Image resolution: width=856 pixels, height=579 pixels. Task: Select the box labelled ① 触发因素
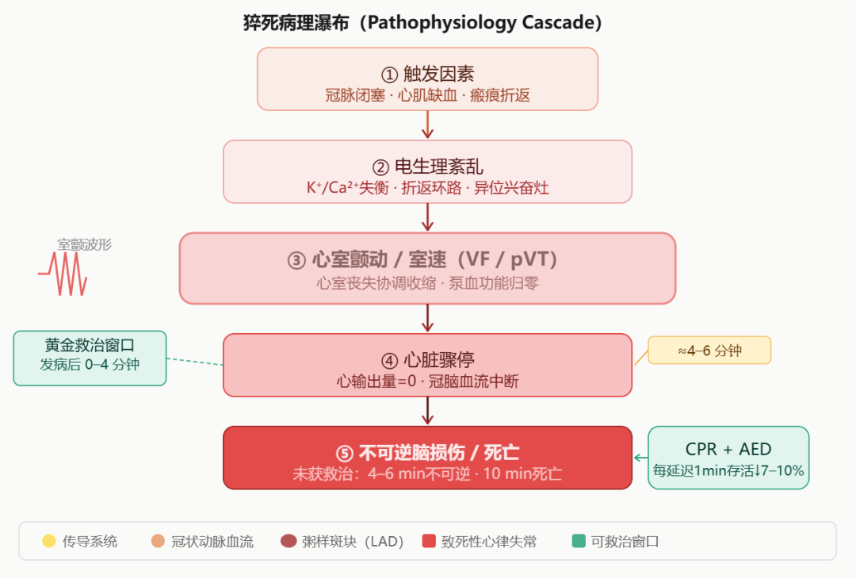pos(427,79)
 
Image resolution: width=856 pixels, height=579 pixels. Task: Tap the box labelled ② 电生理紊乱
pos(427,171)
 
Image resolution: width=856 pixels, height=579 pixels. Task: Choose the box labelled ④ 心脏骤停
pos(427,365)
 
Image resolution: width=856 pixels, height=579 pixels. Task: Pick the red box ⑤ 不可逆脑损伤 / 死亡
pos(427,458)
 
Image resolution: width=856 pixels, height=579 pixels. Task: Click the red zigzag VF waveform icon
pos(63,274)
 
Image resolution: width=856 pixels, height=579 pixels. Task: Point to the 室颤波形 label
pos(84,244)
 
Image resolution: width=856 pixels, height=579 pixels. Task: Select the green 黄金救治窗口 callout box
pos(90,358)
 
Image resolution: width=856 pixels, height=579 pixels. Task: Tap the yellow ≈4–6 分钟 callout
pos(709,350)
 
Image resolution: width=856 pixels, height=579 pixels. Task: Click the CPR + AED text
pos(728,450)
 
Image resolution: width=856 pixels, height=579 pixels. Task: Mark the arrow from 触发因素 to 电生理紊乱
pos(428,125)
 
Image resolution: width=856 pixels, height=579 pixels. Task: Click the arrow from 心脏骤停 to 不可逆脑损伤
pos(428,411)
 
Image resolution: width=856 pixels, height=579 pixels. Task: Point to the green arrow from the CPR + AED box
pos(640,458)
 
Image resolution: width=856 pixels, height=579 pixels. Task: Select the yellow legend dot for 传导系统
pos(49,542)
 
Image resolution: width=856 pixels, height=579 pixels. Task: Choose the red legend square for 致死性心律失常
pos(429,542)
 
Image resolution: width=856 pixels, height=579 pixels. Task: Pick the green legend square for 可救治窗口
pos(579,542)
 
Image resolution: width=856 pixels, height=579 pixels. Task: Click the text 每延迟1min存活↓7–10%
pos(728,471)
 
